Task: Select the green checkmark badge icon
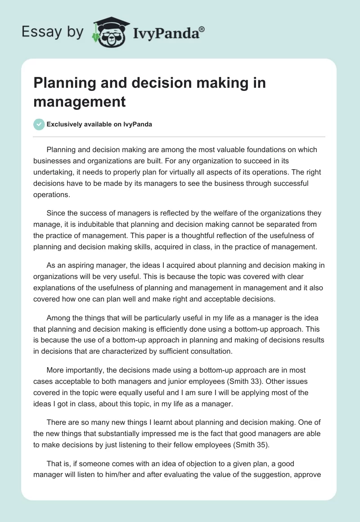pos(39,124)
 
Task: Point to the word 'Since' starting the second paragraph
pos(55,213)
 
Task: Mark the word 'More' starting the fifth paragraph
pos(55,370)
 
